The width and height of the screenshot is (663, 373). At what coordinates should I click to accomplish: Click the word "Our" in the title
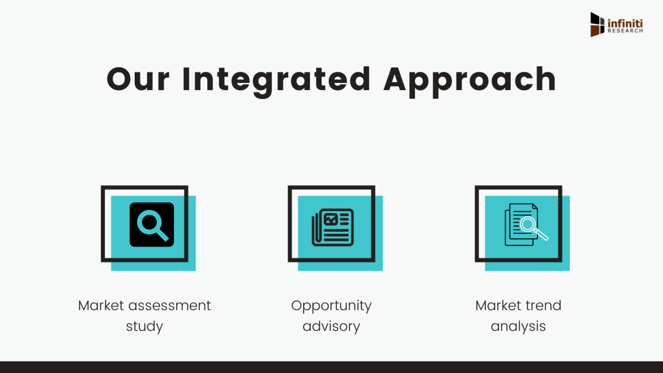tap(138, 79)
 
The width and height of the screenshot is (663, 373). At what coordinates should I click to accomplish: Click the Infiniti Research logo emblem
tap(597, 25)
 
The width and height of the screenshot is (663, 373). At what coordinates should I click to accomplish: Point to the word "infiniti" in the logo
tap(625, 24)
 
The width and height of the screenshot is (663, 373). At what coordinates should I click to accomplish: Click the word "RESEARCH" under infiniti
tap(625, 31)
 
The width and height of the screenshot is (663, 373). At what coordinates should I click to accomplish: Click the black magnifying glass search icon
tap(152, 225)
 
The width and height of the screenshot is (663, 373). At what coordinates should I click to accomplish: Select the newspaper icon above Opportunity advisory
tap(333, 227)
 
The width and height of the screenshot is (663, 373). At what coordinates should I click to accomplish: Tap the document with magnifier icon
tap(526, 225)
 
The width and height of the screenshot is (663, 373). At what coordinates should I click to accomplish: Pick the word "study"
tap(144, 326)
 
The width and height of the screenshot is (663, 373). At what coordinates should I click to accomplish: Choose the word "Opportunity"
tap(331, 306)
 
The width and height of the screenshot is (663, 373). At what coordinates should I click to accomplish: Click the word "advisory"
tap(331, 326)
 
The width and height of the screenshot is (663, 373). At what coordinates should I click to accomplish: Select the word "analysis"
tap(519, 326)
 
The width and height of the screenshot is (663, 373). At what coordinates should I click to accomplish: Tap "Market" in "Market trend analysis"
tap(497, 306)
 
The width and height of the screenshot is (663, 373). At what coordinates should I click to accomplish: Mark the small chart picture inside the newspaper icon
tap(331, 219)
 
